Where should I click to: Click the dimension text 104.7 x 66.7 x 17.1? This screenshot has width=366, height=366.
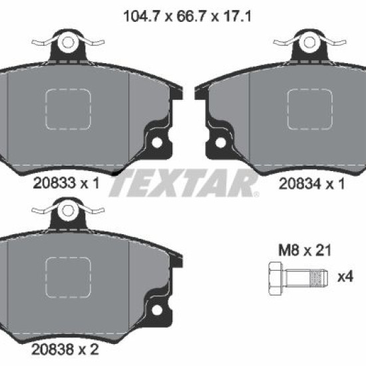pyautogui.click(x=187, y=17)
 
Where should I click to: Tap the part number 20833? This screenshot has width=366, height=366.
pyautogui.click(x=55, y=183)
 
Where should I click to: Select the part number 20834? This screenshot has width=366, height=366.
pyautogui.click(x=300, y=184)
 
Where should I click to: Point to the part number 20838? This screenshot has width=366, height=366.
pyautogui.click(x=53, y=349)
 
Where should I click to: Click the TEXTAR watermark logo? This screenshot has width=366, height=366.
pyautogui.click(x=184, y=183)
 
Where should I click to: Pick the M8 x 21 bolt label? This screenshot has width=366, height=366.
pyautogui.click(x=305, y=250)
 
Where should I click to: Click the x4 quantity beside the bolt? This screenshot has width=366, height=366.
pyautogui.click(x=345, y=277)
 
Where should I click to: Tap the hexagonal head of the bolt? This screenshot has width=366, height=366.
pyautogui.click(x=276, y=278)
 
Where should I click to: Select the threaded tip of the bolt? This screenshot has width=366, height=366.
pyautogui.click(x=319, y=278)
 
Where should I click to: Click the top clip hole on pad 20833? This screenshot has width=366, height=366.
pyautogui.click(x=68, y=43)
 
